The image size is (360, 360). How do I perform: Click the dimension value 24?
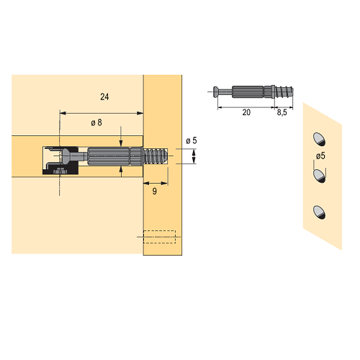point(104,97)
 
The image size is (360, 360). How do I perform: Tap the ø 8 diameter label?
point(96,122)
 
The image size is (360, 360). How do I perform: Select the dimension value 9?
point(155,192)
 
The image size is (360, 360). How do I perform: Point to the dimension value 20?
point(246,112)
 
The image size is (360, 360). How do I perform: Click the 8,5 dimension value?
point(282,112)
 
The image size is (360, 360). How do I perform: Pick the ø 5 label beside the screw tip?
point(192,140)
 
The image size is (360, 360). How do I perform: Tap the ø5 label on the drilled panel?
point(320,156)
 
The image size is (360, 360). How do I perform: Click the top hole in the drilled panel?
point(319,139)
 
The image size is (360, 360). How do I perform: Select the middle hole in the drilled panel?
point(319,176)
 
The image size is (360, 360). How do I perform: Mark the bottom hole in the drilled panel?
point(319,212)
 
